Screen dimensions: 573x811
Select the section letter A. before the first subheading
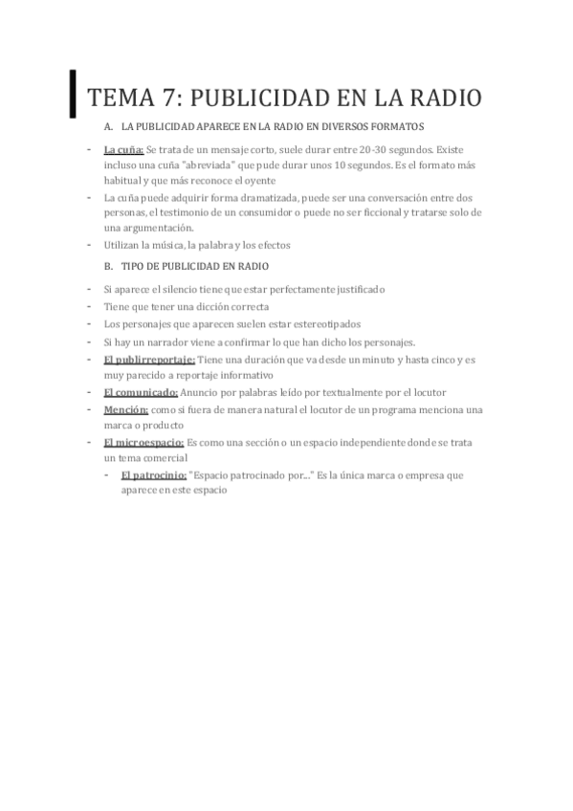109,127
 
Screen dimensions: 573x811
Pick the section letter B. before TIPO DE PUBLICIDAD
109,265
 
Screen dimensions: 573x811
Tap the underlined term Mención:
125,409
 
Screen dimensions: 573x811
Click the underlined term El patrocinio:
154,474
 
